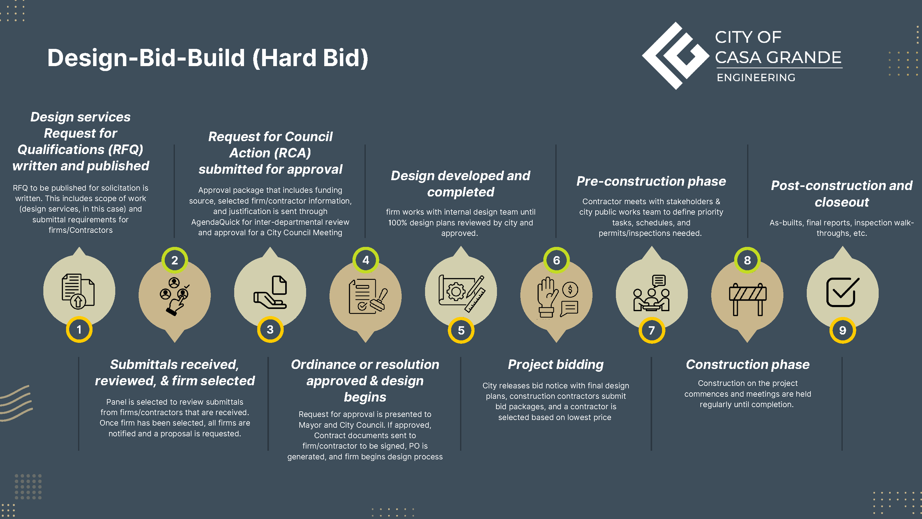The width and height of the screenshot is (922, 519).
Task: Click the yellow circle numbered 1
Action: (79, 330)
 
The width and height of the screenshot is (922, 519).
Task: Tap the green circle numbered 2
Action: (175, 260)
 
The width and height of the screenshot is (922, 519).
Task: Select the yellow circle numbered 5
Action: (461, 330)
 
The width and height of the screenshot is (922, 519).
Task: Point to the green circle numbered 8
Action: (747, 260)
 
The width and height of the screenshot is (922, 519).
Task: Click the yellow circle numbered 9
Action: (842, 330)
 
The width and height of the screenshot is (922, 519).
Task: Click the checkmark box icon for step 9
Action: (842, 292)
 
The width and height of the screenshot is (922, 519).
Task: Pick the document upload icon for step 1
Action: (78, 291)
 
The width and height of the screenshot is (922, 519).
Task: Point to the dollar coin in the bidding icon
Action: (570, 289)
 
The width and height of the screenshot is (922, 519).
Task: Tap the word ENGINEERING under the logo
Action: (756, 78)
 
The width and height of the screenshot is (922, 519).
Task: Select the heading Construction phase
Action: (748, 364)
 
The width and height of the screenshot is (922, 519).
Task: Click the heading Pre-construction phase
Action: (651, 181)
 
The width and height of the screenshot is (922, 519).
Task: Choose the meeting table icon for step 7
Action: (652, 293)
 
